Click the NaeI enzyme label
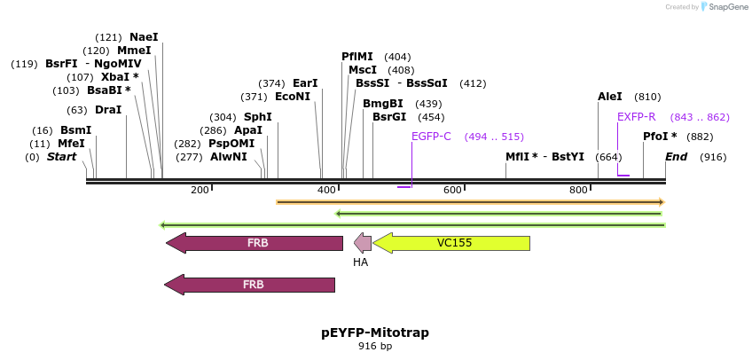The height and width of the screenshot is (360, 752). point(144,37)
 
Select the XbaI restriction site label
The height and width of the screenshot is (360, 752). point(115,77)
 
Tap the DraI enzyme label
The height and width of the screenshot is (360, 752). point(107,110)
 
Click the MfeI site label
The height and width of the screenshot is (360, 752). point(71,144)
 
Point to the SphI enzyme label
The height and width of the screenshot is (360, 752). point(258,117)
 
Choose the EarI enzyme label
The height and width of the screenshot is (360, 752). point(305,83)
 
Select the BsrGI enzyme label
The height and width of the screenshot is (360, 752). point(389,117)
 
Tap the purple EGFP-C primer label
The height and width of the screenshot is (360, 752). point(431,137)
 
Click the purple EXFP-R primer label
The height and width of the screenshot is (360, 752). point(637,117)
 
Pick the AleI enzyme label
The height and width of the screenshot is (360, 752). point(610,97)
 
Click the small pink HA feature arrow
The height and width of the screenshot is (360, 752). point(363,243)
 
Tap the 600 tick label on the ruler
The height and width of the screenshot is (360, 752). point(452,191)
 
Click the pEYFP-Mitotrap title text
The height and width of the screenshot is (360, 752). point(374,333)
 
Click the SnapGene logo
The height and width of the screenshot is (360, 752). point(724,7)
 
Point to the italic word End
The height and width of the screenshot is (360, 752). point(677,157)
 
